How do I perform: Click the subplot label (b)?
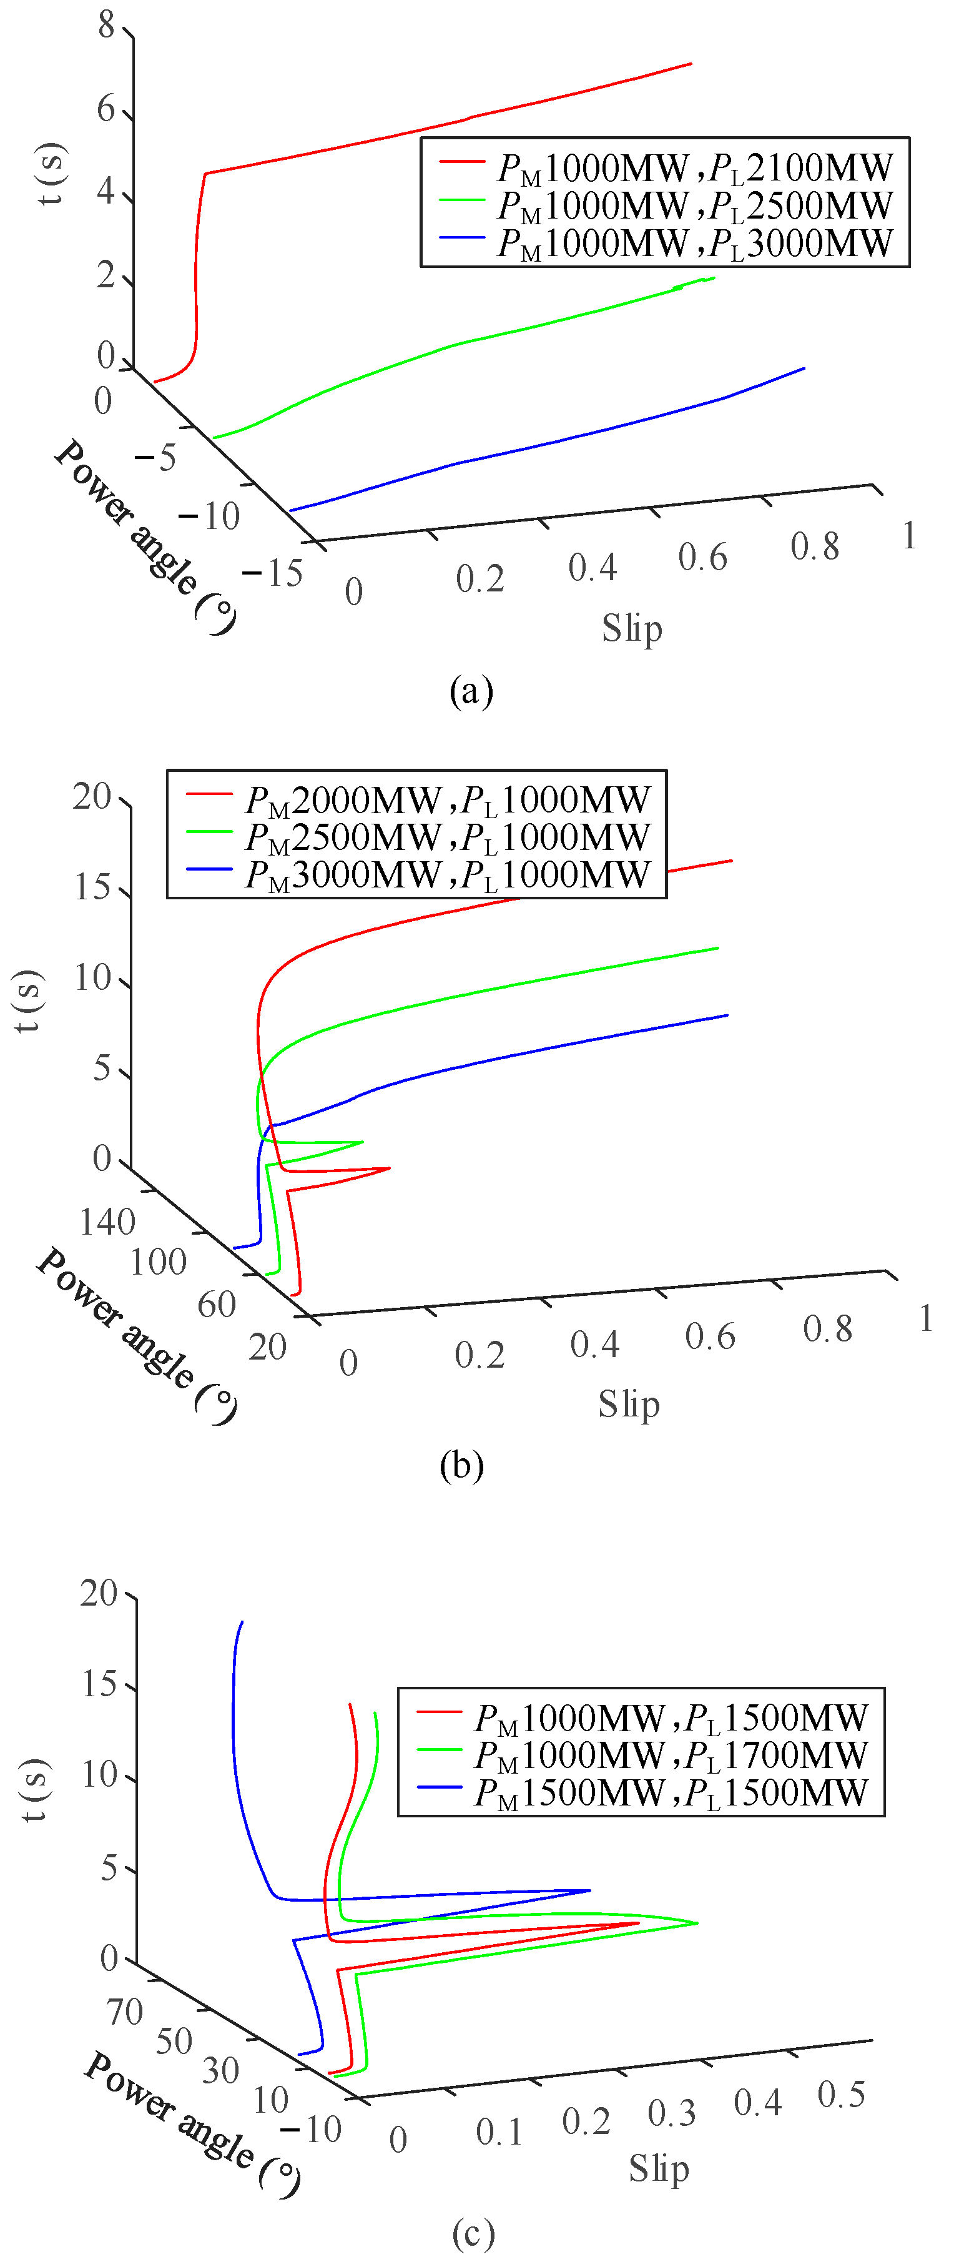click(x=461, y=1465)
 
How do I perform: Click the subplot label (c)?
click(x=473, y=2233)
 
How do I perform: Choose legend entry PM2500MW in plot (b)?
click(x=418, y=836)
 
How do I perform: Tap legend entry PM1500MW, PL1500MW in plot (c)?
click(x=642, y=1792)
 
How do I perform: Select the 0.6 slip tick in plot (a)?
click(x=702, y=557)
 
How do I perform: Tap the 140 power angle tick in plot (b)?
click(x=107, y=1222)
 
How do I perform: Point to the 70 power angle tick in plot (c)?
click(x=124, y=2011)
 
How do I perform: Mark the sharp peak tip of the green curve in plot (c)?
click(x=697, y=1923)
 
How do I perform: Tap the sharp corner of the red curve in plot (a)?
click(x=205, y=174)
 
